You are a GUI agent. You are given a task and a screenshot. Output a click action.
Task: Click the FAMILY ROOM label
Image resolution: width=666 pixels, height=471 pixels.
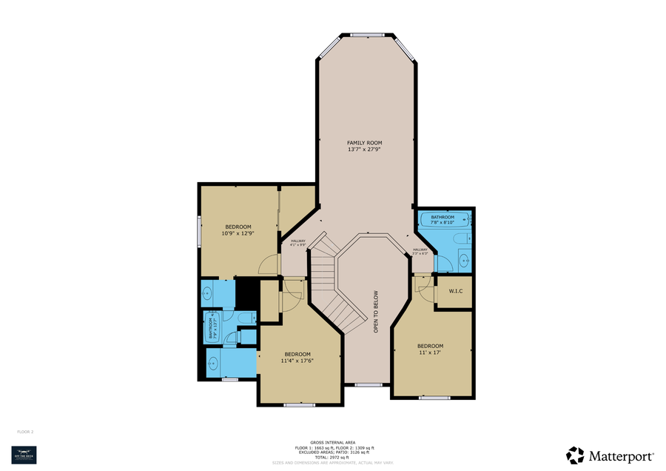(x=365, y=142)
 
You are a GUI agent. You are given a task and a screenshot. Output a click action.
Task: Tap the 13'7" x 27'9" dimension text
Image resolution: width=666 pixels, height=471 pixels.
(x=365, y=150)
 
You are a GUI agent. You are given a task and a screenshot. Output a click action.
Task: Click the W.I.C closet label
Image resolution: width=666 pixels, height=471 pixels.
(x=455, y=290)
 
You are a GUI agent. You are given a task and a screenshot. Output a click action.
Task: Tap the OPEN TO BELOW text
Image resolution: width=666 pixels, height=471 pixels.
(x=376, y=311)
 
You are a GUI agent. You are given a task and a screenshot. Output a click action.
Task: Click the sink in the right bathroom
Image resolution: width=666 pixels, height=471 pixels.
(x=463, y=259)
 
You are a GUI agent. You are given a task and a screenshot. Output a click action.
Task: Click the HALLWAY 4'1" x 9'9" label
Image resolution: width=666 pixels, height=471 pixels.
(x=298, y=243)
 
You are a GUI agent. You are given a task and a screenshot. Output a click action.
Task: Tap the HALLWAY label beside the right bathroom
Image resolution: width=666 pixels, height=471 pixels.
(x=420, y=251)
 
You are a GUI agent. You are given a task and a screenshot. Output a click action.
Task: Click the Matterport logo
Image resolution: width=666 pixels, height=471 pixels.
(x=610, y=453)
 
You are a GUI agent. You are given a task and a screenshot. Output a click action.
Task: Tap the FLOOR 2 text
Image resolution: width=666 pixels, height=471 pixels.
(x=25, y=431)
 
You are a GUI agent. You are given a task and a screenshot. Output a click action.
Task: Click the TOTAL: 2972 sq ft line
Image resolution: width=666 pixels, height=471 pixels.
(x=332, y=458)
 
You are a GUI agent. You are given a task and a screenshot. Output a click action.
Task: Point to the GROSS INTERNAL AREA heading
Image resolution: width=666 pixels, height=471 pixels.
(x=332, y=442)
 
